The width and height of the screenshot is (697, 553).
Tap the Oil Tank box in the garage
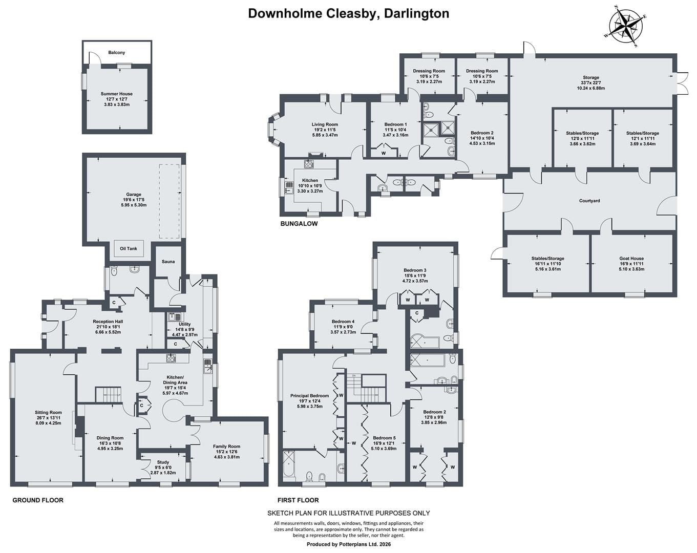pos(128,248)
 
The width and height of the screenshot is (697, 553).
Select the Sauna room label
pos(168,262)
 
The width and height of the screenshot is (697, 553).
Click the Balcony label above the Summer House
pos(117,52)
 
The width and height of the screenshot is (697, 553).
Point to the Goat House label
pos(631,259)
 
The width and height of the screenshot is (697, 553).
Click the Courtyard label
pos(589,201)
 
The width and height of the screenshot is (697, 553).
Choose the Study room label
pos(163,462)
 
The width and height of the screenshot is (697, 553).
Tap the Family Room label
pos(226,446)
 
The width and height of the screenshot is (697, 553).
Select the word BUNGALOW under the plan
pos(299,224)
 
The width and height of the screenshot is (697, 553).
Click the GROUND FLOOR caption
pos(38,500)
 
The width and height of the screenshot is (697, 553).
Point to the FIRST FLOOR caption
pos(298,500)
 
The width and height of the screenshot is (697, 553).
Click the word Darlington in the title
pos(416,14)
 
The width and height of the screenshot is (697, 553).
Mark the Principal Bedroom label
pos(309,396)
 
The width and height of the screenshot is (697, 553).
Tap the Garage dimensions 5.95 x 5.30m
pos(134,205)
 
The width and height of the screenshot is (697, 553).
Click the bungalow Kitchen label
pos(310,180)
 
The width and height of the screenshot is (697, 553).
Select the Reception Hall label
pos(108,322)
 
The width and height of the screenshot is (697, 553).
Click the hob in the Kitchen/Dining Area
pos(171,358)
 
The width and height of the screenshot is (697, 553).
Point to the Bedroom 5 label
pos(384,438)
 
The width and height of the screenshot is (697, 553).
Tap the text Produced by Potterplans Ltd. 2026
pos(348,544)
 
